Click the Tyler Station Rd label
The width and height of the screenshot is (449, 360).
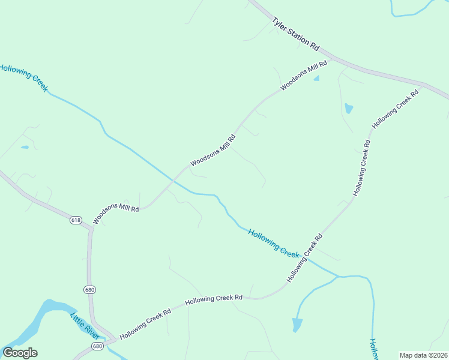tap(295, 33)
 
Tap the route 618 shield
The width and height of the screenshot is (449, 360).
tap(76, 220)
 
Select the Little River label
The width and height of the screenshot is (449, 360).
tap(83, 327)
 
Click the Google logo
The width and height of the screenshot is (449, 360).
tap(20, 353)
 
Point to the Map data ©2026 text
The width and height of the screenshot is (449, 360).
tap(423, 355)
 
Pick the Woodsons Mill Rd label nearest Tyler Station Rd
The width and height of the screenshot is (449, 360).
tap(304, 75)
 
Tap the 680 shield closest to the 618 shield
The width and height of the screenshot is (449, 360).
tap(89, 290)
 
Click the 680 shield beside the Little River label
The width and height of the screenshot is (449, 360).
tap(98, 346)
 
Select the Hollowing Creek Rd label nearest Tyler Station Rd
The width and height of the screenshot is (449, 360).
tap(394, 109)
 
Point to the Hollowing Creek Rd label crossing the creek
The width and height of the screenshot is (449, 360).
tap(305, 258)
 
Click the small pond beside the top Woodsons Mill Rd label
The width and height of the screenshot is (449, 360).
tap(316, 78)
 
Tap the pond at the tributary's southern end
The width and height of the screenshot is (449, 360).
tap(297, 325)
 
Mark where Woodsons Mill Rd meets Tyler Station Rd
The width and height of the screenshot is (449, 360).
tap(332, 58)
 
